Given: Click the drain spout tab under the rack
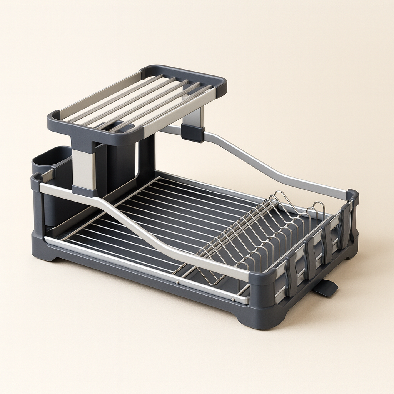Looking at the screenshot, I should [326, 288].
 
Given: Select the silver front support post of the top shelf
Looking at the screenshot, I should [83, 170].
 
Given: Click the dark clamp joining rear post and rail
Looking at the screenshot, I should [192, 133].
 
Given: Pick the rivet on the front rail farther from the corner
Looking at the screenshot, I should [177, 282].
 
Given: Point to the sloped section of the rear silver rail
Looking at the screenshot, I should [254, 162].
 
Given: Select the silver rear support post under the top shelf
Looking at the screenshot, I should [194, 117].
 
